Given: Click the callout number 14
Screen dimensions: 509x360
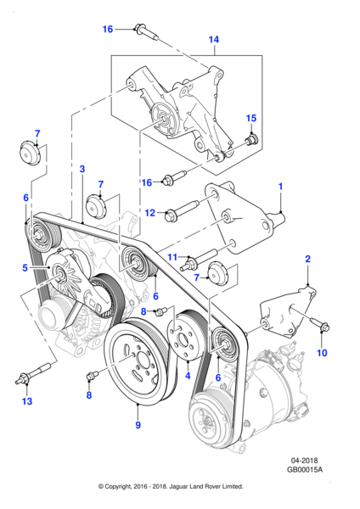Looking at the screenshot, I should click(214, 40).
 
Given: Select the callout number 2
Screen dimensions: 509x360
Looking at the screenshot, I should click(82, 170).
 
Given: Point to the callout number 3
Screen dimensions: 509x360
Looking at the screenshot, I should click(188, 375).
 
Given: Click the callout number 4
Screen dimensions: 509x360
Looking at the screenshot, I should click(25, 268).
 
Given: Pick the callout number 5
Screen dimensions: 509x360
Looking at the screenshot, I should click(138, 426).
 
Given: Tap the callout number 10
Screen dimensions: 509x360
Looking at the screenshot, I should click(172, 256).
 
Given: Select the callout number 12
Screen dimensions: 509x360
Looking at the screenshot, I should click(25, 400).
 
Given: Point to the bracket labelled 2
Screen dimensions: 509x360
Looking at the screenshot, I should click(251, 137).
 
